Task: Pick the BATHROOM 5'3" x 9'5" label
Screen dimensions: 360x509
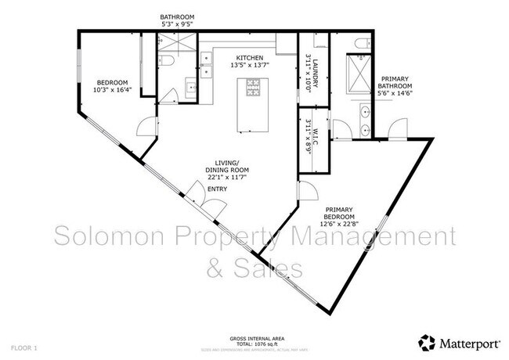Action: (x=177, y=20)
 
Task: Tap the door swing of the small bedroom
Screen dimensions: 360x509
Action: (x=146, y=124)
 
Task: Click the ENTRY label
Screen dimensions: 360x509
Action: (x=217, y=189)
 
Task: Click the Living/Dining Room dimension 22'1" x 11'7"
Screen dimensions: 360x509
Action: (x=227, y=178)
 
